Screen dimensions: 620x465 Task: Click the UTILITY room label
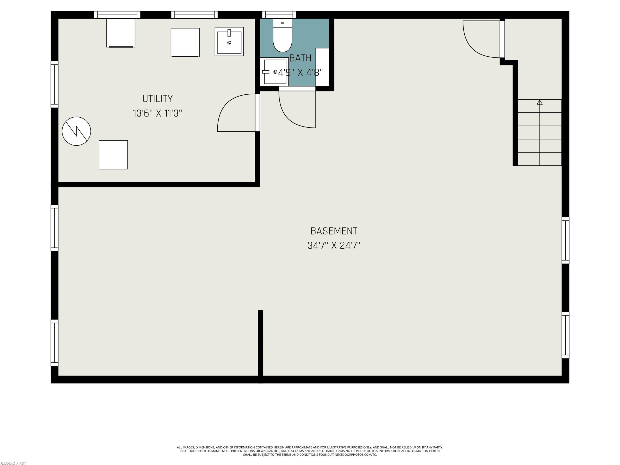click(157, 99)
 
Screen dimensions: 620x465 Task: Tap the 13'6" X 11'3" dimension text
click(157, 113)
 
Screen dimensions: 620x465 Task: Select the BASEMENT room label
click(334, 231)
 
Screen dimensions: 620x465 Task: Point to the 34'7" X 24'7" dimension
click(334, 246)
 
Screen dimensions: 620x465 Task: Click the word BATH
click(300, 58)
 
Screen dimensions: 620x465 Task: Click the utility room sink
click(229, 42)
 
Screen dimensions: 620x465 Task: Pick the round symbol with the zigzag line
click(76, 131)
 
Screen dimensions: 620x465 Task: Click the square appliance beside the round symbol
click(113, 155)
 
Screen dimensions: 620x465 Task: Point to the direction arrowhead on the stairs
click(540, 102)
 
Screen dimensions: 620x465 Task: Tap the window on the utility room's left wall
click(54, 84)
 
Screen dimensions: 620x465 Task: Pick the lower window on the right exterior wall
click(565, 335)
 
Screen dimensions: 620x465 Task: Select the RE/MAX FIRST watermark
click(13, 463)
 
